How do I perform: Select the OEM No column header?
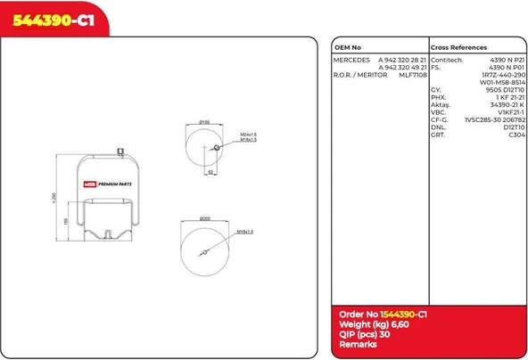(x=348, y=47)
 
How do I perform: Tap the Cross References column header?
(x=458, y=47)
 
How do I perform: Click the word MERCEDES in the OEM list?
(x=351, y=59)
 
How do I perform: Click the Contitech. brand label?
(x=447, y=59)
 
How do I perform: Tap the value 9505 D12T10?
(x=505, y=90)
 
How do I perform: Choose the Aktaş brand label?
(x=441, y=105)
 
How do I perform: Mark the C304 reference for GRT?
(x=516, y=135)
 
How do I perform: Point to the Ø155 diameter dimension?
(x=203, y=122)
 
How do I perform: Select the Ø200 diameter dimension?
(x=203, y=217)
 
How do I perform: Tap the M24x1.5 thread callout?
(x=248, y=134)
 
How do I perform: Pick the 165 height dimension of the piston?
(x=65, y=220)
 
